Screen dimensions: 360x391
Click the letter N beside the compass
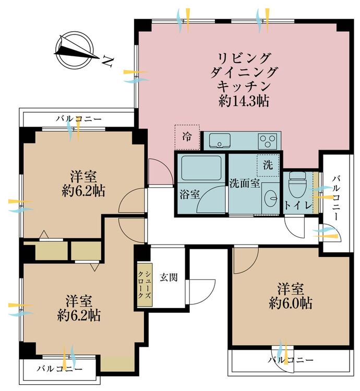pos(109,62)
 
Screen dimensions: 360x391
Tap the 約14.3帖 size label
pos(244,101)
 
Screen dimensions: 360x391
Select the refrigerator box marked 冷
pos(187,137)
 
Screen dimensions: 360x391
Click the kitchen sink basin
pos(220,140)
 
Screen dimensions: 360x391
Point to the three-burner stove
pos(268,141)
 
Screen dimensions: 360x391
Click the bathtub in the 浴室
pos(201,167)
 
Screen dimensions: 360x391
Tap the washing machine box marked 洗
pos(268,165)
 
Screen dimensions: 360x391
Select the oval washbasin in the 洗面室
pos(271,199)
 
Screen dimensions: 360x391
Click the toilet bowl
pos(297,184)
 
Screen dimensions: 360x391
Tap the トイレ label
pos(298,205)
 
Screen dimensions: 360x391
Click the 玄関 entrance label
pos(169,277)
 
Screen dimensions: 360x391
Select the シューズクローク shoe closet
pos(145,285)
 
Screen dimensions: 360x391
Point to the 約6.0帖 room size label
pos(291,303)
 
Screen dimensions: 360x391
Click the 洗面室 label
pos(245,184)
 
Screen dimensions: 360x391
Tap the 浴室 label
pos(190,194)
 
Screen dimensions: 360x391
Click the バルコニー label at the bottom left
pos(59,369)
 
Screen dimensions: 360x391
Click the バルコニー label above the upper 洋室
pos(79,118)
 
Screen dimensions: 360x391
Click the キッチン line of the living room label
pos(244,86)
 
